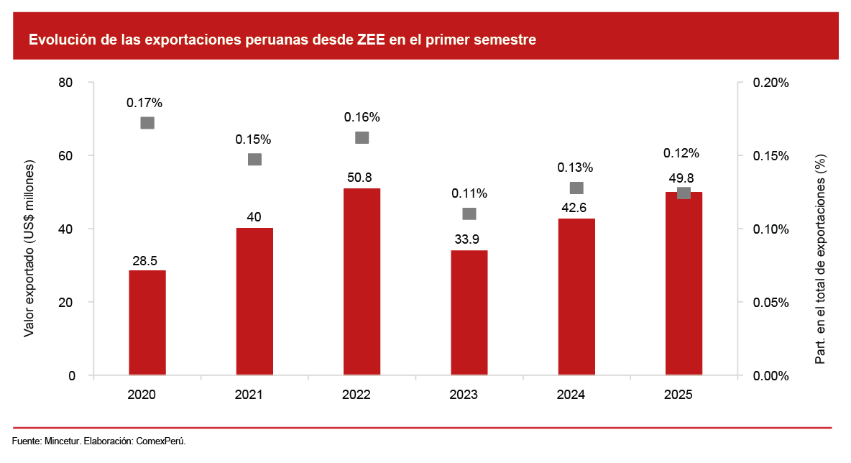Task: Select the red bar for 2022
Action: click(x=362, y=281)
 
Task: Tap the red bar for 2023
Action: click(x=469, y=312)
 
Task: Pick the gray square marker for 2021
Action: click(x=254, y=159)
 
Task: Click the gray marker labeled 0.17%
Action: click(x=147, y=122)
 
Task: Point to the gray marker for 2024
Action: click(x=576, y=188)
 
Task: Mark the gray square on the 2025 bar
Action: click(x=684, y=193)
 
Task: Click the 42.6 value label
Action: click(x=576, y=208)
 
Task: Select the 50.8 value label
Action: click(x=362, y=178)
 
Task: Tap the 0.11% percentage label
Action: click(x=469, y=193)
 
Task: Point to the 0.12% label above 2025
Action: click(x=681, y=153)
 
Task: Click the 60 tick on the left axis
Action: click(x=67, y=156)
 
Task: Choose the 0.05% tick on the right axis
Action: click(x=770, y=303)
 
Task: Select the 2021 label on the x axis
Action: click(x=249, y=395)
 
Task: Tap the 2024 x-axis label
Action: click(x=571, y=395)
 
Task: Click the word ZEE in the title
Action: click(x=371, y=40)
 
